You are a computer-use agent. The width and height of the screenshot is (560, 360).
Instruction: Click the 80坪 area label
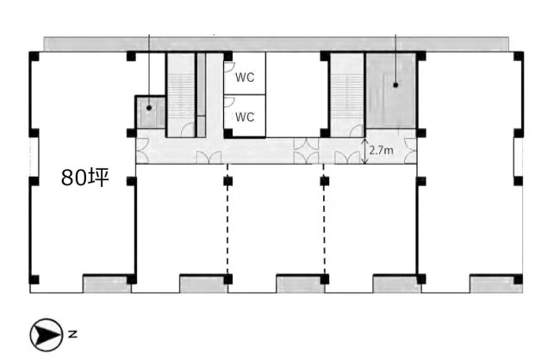(x=84, y=177)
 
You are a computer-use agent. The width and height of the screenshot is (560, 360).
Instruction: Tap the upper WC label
(x=245, y=78)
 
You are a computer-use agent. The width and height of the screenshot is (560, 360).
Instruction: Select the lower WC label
(x=245, y=117)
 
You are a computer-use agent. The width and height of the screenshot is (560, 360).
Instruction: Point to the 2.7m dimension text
(x=382, y=151)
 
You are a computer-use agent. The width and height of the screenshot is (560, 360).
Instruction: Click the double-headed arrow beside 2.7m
(x=364, y=152)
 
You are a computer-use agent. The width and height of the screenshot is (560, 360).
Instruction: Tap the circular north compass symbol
(x=46, y=335)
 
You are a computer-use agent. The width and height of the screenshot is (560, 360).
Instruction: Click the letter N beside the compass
(x=72, y=335)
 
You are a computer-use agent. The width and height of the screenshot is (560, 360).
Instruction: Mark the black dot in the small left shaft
(x=149, y=108)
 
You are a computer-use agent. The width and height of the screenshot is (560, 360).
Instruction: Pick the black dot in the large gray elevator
(x=395, y=85)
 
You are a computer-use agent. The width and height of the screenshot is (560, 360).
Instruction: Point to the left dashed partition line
(x=227, y=219)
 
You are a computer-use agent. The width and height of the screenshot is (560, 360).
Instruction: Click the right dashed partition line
(x=324, y=219)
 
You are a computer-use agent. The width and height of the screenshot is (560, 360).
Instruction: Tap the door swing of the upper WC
(x=229, y=68)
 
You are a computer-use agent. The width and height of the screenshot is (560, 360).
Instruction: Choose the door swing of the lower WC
(x=229, y=102)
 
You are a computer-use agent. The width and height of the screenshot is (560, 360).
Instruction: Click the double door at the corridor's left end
(x=142, y=151)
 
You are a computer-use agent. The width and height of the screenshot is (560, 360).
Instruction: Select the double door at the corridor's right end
(x=411, y=151)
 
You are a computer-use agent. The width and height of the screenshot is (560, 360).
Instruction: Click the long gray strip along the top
(x=276, y=44)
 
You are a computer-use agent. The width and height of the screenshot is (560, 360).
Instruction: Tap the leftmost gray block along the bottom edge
(x=107, y=285)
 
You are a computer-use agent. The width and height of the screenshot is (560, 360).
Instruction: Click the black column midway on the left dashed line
(x=227, y=181)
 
